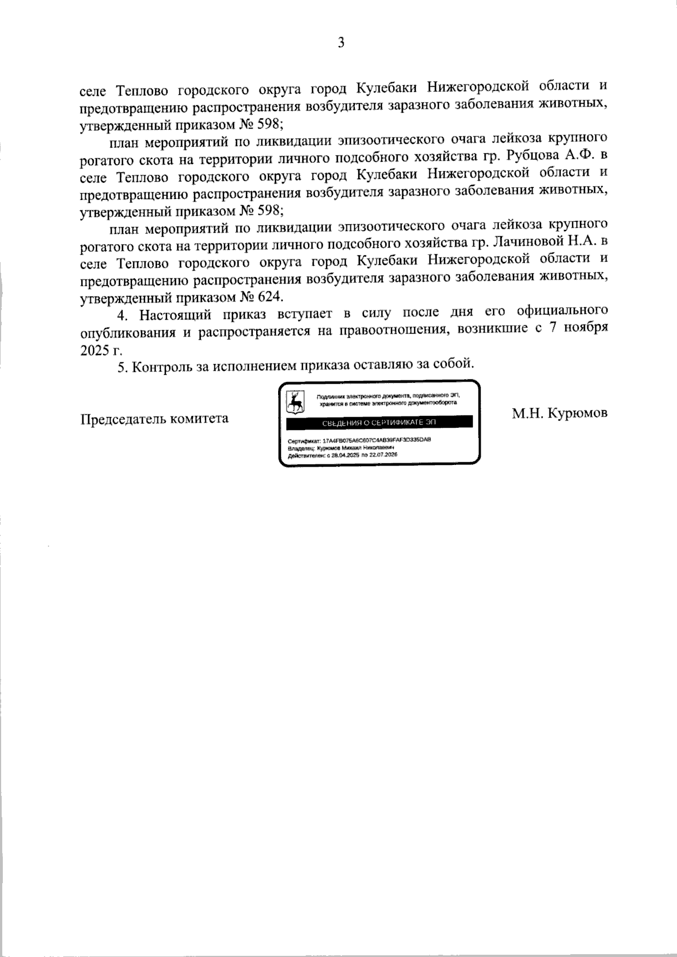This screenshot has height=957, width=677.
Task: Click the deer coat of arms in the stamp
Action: (x=295, y=401)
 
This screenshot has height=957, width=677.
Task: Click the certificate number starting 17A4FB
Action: (x=377, y=440)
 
